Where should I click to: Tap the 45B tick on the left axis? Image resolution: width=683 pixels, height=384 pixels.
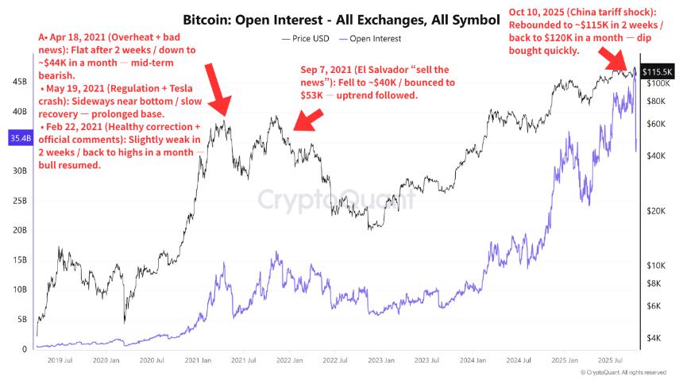coord(18,81)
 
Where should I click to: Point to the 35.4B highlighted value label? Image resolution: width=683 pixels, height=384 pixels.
coord(18,140)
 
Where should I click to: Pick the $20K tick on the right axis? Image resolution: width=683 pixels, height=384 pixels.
coord(655,211)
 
